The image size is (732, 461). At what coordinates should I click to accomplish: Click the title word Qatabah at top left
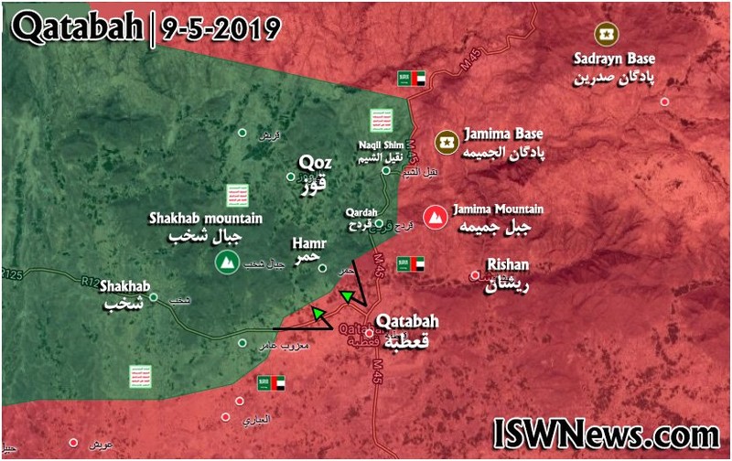coord(78,29)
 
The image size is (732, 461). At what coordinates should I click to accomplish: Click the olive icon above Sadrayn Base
coord(604,36)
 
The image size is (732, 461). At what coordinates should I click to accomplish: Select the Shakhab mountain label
coord(206,219)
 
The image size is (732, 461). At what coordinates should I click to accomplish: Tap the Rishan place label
coord(510,264)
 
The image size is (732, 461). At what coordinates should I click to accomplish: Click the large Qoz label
coord(314,163)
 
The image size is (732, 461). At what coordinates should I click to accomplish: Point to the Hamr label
coord(305,244)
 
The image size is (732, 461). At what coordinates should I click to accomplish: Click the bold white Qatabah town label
coord(406,322)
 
